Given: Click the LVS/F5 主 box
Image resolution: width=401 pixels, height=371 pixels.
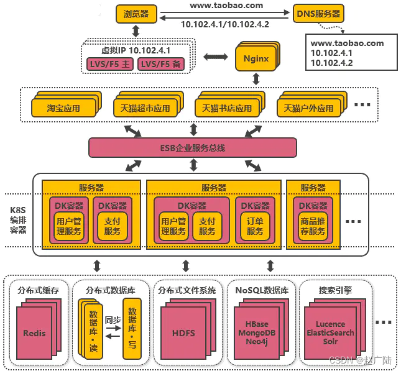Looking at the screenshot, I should click(x=109, y=64).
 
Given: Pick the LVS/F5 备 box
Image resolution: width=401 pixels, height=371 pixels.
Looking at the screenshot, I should click(x=161, y=64).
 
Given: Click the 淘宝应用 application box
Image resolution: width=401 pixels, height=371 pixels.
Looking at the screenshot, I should click(x=63, y=108).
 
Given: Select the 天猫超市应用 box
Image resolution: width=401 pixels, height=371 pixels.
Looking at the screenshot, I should click(x=142, y=108).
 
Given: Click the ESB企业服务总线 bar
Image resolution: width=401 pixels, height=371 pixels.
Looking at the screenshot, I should click(x=192, y=148).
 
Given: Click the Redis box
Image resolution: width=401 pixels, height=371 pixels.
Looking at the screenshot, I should click(x=34, y=333).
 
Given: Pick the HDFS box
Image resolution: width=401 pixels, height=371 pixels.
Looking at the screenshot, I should click(x=183, y=333).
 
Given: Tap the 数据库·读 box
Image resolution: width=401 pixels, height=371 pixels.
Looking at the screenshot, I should click(x=93, y=330).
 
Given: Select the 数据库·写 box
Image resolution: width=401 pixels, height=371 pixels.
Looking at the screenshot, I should click(x=131, y=329).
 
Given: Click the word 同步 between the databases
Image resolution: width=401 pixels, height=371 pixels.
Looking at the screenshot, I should click(x=112, y=320).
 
